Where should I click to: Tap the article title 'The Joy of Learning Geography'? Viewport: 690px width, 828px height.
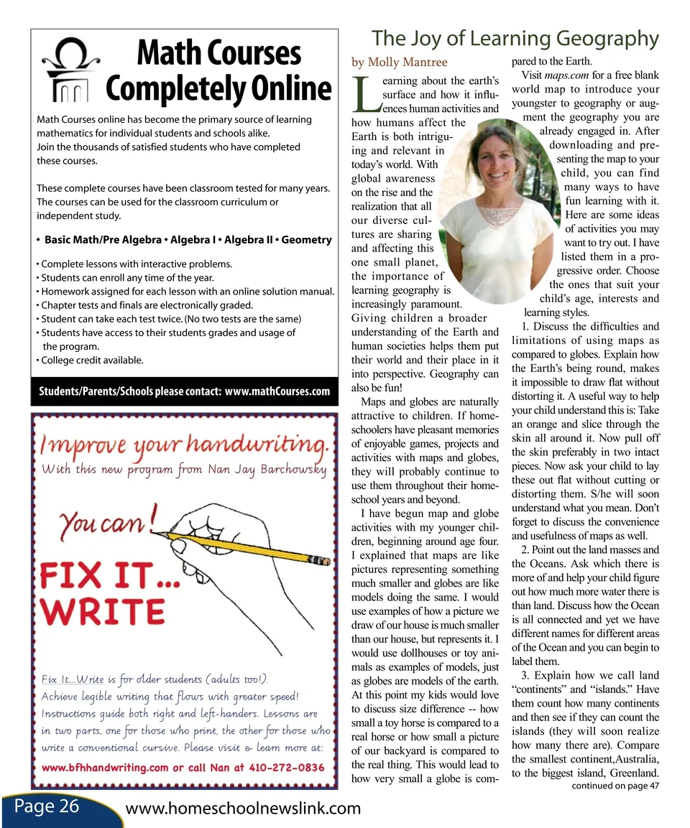coord(515,38)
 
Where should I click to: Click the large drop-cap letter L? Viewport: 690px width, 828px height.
coord(366,96)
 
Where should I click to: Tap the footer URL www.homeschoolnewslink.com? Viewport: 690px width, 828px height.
coord(243,809)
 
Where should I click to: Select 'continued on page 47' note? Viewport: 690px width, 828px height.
coord(615,786)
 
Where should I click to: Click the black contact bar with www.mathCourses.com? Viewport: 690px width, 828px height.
coord(184,391)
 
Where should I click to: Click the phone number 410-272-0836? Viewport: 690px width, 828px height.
coord(284,767)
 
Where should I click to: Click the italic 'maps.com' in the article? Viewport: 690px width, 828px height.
coord(566,75)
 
